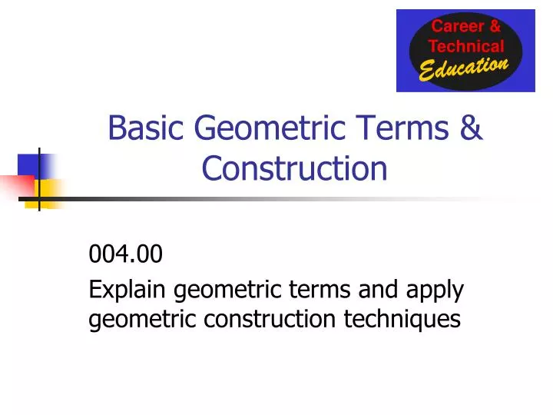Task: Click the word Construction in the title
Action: [x=294, y=168]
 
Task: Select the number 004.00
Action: [x=126, y=253]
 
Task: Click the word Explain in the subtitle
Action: [x=130, y=290]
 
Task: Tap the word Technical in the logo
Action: [x=466, y=46]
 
